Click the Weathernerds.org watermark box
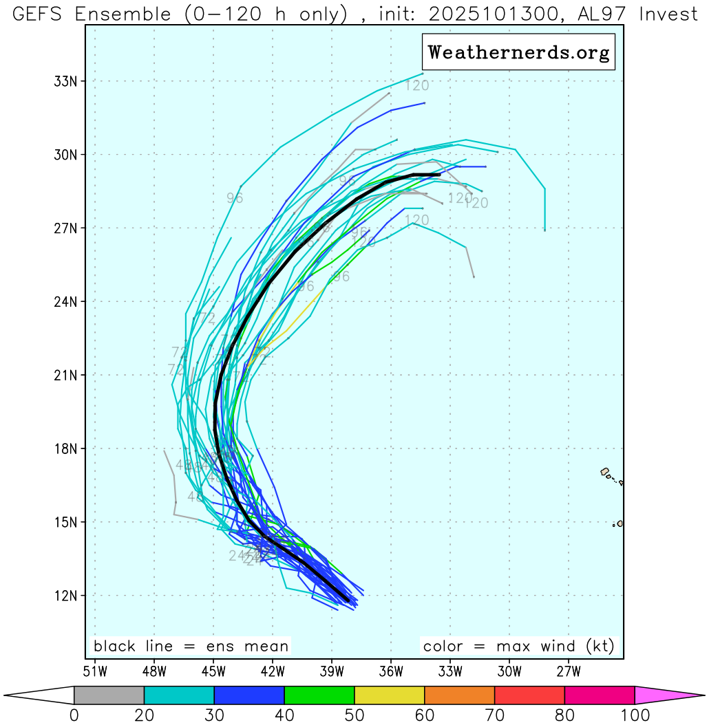[x=518, y=52]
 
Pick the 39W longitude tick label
[x=332, y=669]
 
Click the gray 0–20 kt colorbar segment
[x=109, y=695]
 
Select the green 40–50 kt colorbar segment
[x=319, y=695]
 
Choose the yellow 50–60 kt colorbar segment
[x=390, y=695]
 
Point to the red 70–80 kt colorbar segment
[x=529, y=695]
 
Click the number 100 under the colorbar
[x=634, y=715]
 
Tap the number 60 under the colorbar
[x=425, y=715]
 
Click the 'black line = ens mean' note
[x=191, y=646]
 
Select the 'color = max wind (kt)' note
[x=518, y=646]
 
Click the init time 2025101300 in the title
[x=498, y=14]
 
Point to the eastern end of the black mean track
[x=438, y=175]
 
